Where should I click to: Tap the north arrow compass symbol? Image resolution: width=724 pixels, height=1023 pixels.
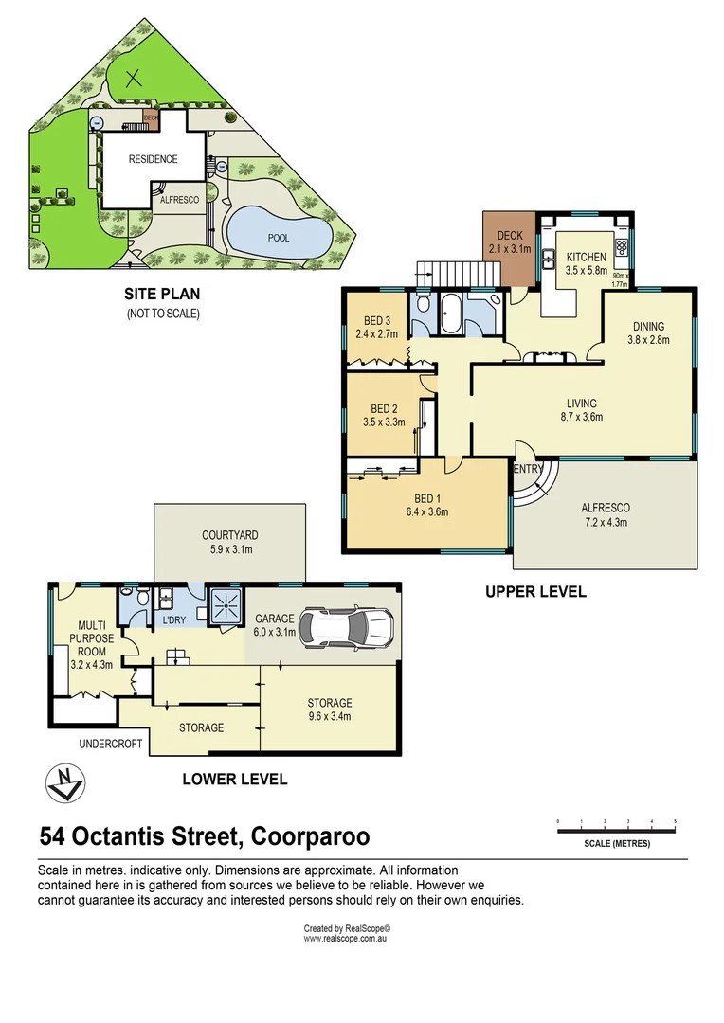pos(65,781)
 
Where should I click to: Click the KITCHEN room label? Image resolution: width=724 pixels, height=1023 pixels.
pos(586,257)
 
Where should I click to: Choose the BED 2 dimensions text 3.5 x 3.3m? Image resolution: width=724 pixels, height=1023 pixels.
pos(384,422)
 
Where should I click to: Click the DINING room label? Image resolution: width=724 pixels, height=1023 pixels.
pos(648,327)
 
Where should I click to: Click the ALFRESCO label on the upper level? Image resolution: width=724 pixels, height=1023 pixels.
pos(605,508)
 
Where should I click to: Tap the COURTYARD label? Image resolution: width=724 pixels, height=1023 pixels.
pos(229,535)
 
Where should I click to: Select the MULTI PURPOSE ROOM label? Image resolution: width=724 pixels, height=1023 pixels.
pos(90,638)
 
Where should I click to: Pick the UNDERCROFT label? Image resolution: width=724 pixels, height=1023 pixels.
pos(110,744)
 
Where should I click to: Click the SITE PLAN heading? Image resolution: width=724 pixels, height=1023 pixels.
pos(163,294)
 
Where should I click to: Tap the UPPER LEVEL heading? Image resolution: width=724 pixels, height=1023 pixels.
pos(535,591)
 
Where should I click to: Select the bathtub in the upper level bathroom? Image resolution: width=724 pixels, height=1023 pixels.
pos(449,314)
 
